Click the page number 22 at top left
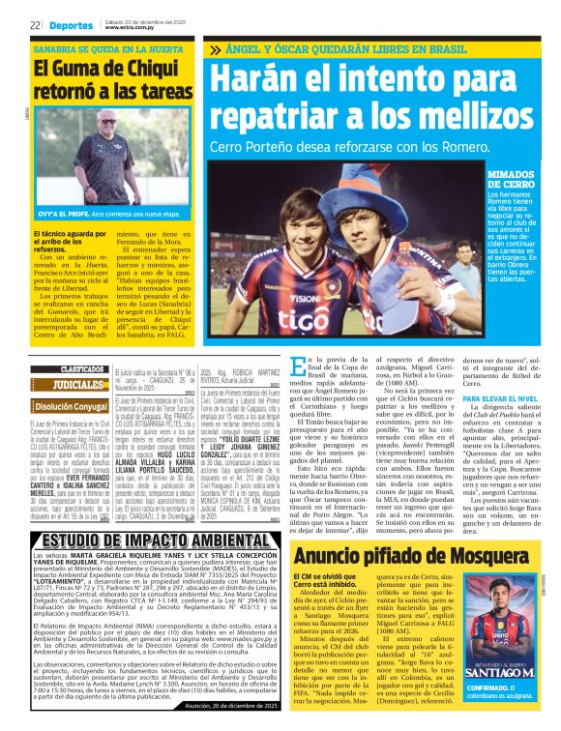[35, 26]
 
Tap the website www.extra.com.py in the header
[132, 29]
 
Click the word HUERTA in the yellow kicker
[162, 47]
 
